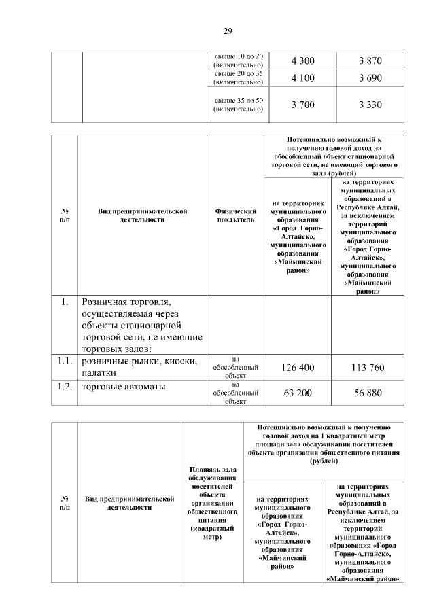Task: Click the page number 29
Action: (x=228, y=31)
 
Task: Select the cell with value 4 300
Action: (x=302, y=60)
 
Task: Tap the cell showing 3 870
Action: (x=370, y=60)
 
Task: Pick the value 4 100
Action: (x=302, y=78)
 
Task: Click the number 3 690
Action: (x=370, y=78)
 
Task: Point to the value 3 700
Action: (x=302, y=104)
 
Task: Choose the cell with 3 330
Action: (x=370, y=104)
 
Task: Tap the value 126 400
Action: (x=298, y=368)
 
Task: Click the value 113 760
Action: (x=368, y=368)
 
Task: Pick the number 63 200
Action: (x=298, y=392)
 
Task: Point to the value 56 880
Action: (x=368, y=392)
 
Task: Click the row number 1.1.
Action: (x=65, y=362)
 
